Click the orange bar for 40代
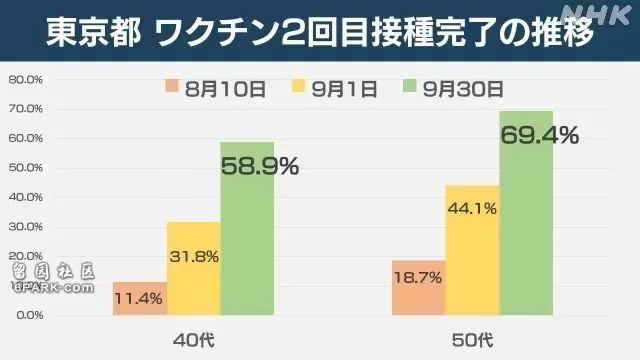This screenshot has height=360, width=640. [140, 298]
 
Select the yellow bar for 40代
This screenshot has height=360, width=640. [194, 269]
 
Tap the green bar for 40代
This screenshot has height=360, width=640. [247, 229]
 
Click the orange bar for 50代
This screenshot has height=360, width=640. [418, 288]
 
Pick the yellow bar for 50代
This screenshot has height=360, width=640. [472, 250]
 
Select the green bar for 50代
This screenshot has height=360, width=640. [526, 213]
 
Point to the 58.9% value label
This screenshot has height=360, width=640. [260, 167]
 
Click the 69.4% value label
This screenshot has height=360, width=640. [540, 136]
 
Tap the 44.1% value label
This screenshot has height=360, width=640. [472, 209]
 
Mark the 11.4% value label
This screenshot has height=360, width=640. [138, 299]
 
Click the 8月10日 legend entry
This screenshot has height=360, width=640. [216, 89]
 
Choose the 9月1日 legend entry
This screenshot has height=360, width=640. [334, 89]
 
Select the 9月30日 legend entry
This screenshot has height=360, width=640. [453, 89]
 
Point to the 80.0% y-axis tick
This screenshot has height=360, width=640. [25, 80]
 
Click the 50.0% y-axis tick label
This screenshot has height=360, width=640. [25, 168]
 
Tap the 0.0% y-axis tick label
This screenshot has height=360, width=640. [30, 315]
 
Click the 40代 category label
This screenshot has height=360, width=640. [193, 340]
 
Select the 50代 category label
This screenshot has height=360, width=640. [472, 340]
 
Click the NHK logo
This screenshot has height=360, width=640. [596, 15]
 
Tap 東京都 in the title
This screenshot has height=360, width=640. [93, 31]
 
